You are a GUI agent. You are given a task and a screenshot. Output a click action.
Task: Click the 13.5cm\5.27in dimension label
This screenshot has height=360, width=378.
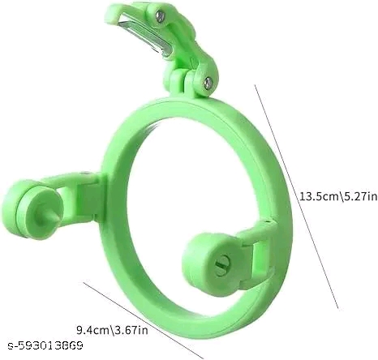[x=338, y=196]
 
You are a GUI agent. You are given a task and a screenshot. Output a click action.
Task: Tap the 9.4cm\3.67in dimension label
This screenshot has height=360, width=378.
[x=113, y=330]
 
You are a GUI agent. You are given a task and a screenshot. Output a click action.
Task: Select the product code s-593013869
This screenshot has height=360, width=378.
[x=45, y=345]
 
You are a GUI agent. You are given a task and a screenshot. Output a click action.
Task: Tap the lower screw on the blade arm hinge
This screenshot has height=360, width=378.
[x=208, y=83]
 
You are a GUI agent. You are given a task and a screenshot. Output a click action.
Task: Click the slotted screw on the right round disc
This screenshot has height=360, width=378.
[x=223, y=263]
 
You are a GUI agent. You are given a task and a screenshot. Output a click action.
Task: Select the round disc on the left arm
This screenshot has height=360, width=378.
[x=32, y=207]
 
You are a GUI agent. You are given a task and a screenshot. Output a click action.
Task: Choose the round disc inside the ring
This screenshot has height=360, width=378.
[x=213, y=261]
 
